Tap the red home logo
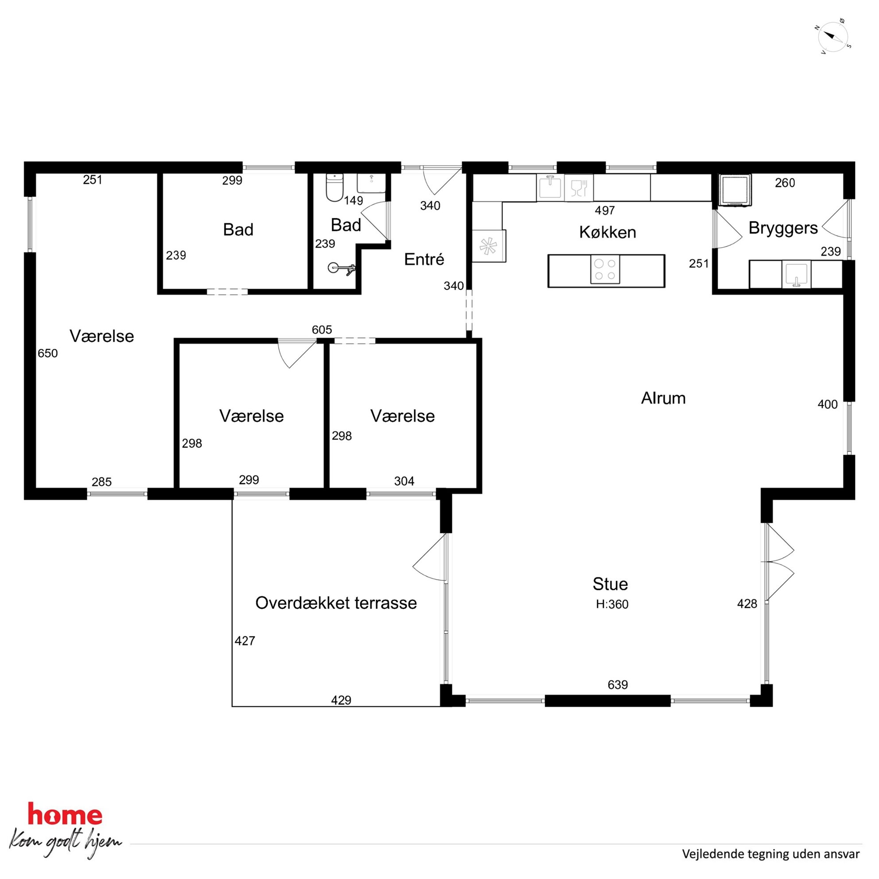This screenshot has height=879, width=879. (x=65, y=815)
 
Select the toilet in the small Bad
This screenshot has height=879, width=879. (x=334, y=187)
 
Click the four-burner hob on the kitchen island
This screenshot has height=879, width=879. (x=605, y=270)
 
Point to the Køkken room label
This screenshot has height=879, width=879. (x=607, y=232)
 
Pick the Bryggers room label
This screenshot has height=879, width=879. (x=783, y=228)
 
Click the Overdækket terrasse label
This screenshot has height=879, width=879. (x=336, y=603)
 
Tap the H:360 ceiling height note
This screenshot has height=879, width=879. (x=612, y=604)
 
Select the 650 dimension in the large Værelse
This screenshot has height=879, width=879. (x=48, y=353)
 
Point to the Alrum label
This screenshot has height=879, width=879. (x=663, y=398)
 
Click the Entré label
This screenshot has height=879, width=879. (x=424, y=259)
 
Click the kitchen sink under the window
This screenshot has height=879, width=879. (x=550, y=187)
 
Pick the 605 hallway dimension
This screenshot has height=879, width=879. (x=322, y=329)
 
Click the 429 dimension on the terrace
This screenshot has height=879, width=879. (x=341, y=700)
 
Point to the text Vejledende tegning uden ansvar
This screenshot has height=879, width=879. (x=771, y=854)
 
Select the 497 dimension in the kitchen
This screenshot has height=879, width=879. (x=605, y=210)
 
